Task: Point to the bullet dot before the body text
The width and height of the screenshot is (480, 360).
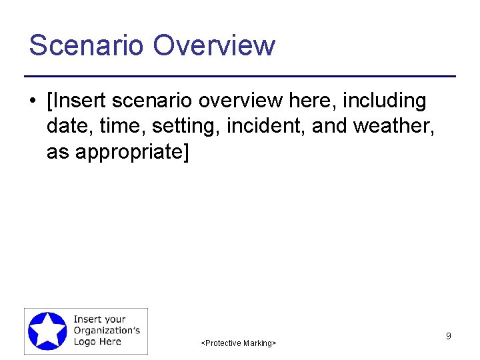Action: click(32, 102)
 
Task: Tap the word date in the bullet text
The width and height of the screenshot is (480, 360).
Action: click(67, 126)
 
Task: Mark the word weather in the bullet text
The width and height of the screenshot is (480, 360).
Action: click(395, 126)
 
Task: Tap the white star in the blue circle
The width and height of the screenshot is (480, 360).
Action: click(47, 331)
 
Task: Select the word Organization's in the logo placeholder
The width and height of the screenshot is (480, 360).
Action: click(107, 331)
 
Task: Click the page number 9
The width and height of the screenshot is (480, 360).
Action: click(448, 336)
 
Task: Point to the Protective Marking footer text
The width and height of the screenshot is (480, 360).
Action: click(239, 343)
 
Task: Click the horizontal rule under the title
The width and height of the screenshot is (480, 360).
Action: click(240, 77)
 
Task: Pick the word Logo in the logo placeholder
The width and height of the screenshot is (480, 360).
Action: click(86, 341)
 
